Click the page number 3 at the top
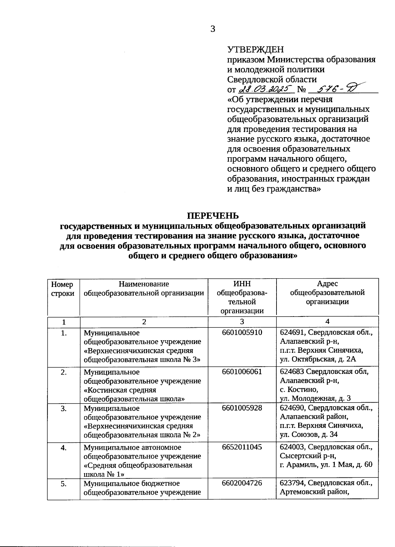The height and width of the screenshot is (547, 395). [x=213, y=29]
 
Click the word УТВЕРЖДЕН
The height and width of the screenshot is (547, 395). [x=255, y=49]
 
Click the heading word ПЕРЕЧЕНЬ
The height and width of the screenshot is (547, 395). [x=213, y=216]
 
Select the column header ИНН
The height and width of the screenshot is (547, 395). [x=242, y=284]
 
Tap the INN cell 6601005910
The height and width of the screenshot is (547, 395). [x=242, y=332]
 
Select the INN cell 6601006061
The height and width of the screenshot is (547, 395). [x=242, y=372]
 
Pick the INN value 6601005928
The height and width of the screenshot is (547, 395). [x=242, y=408]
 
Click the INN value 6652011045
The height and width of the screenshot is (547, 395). [x=242, y=447]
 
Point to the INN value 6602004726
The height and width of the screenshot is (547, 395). [x=242, y=483]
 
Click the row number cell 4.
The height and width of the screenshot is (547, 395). [x=64, y=447]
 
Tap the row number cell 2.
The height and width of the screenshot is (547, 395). [x=64, y=372]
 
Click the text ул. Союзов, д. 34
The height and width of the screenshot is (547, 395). [x=308, y=434]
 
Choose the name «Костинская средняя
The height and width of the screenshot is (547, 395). [x=120, y=390]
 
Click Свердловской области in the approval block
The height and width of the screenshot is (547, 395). [x=272, y=79]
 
